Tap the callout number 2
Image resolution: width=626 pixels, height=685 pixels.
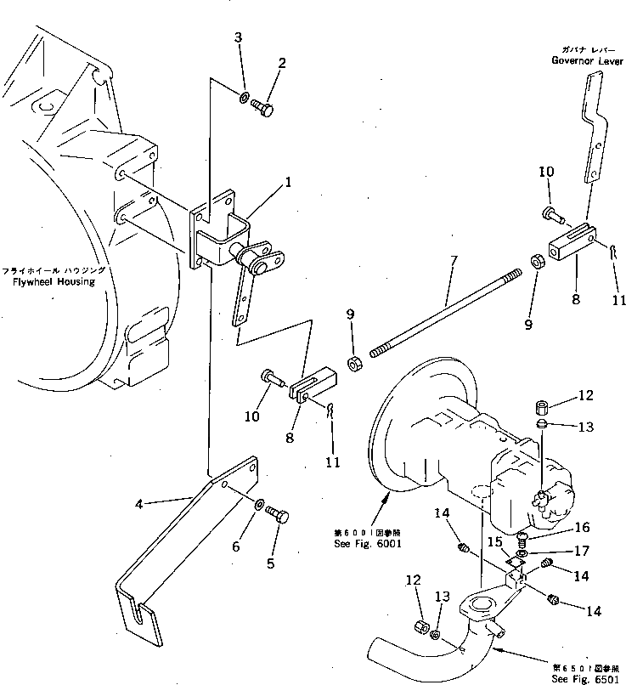coord(281,62)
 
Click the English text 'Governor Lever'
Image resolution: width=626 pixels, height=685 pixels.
coord(586,60)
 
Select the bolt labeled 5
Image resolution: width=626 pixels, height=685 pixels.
coord(278,516)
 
